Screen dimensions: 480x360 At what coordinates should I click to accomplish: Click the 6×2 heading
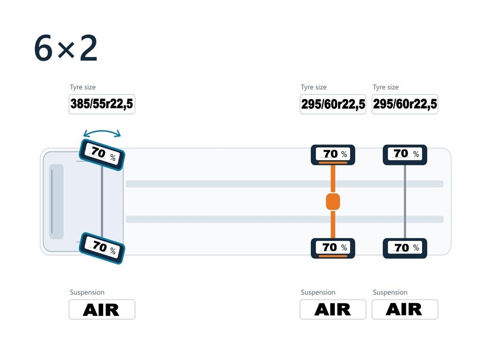pyautogui.click(x=66, y=48)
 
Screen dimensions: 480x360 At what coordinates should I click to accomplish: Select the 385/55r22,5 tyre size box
pyautogui.click(x=102, y=104)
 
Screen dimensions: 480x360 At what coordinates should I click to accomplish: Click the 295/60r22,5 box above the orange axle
pyautogui.click(x=333, y=104)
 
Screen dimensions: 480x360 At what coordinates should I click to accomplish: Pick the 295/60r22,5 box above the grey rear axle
pyautogui.click(x=405, y=104)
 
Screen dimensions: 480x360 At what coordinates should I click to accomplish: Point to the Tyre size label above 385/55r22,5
pyautogui.click(x=82, y=87)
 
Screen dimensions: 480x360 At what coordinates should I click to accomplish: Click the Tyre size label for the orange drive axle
pyautogui.click(x=314, y=87)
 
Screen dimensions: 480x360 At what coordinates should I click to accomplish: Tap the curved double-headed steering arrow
pyautogui.click(x=102, y=131)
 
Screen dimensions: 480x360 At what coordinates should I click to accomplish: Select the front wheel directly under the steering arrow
pyautogui.click(x=102, y=155)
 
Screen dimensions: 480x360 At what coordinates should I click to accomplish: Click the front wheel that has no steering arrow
pyautogui.click(x=102, y=248)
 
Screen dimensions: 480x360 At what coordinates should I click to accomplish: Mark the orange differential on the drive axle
pyautogui.click(x=333, y=202)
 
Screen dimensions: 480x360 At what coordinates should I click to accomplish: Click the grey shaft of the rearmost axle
pyautogui.click(x=405, y=202)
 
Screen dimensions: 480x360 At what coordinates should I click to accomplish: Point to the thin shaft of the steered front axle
pyautogui.click(x=102, y=202)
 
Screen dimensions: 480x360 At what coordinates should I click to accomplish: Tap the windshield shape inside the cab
pyautogui.click(x=56, y=202)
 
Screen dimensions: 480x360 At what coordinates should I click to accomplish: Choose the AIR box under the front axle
pyautogui.click(x=102, y=309)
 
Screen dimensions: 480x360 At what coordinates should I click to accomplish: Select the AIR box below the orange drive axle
pyautogui.click(x=333, y=309)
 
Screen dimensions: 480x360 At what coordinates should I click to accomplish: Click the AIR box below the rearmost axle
pyautogui.click(x=405, y=309)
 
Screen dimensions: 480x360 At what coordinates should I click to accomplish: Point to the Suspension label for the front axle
pyautogui.click(x=87, y=292)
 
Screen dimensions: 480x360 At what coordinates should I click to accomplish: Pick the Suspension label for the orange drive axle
pyautogui.click(x=318, y=292)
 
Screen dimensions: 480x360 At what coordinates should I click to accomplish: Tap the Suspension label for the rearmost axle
pyautogui.click(x=390, y=292)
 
